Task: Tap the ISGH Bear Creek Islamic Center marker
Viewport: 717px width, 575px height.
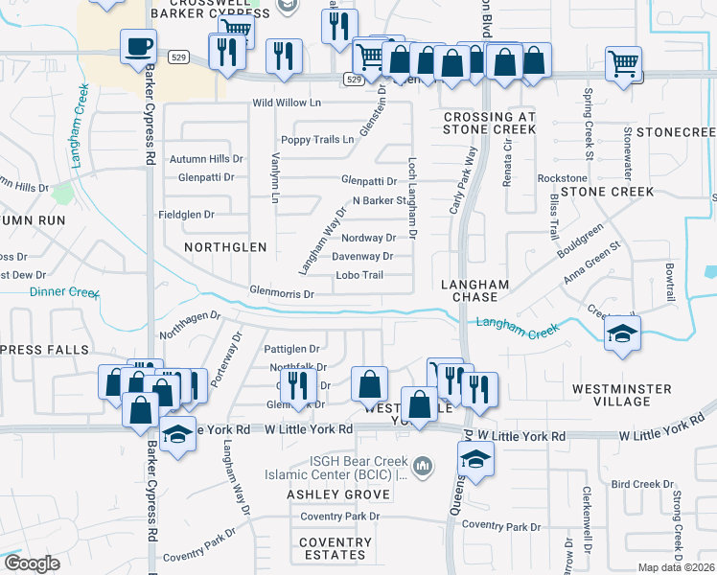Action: point(426,467)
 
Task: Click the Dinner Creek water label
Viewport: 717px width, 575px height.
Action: point(64,292)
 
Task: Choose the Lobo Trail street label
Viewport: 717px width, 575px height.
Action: point(359,276)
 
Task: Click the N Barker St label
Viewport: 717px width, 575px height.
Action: point(381,200)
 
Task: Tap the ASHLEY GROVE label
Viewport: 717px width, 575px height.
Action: point(338,494)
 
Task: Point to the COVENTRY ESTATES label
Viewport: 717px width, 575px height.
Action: point(335,548)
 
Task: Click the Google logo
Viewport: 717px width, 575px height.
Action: point(32,563)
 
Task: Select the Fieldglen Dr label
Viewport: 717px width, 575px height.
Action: point(186,215)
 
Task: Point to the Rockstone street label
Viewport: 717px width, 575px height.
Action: point(562,178)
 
